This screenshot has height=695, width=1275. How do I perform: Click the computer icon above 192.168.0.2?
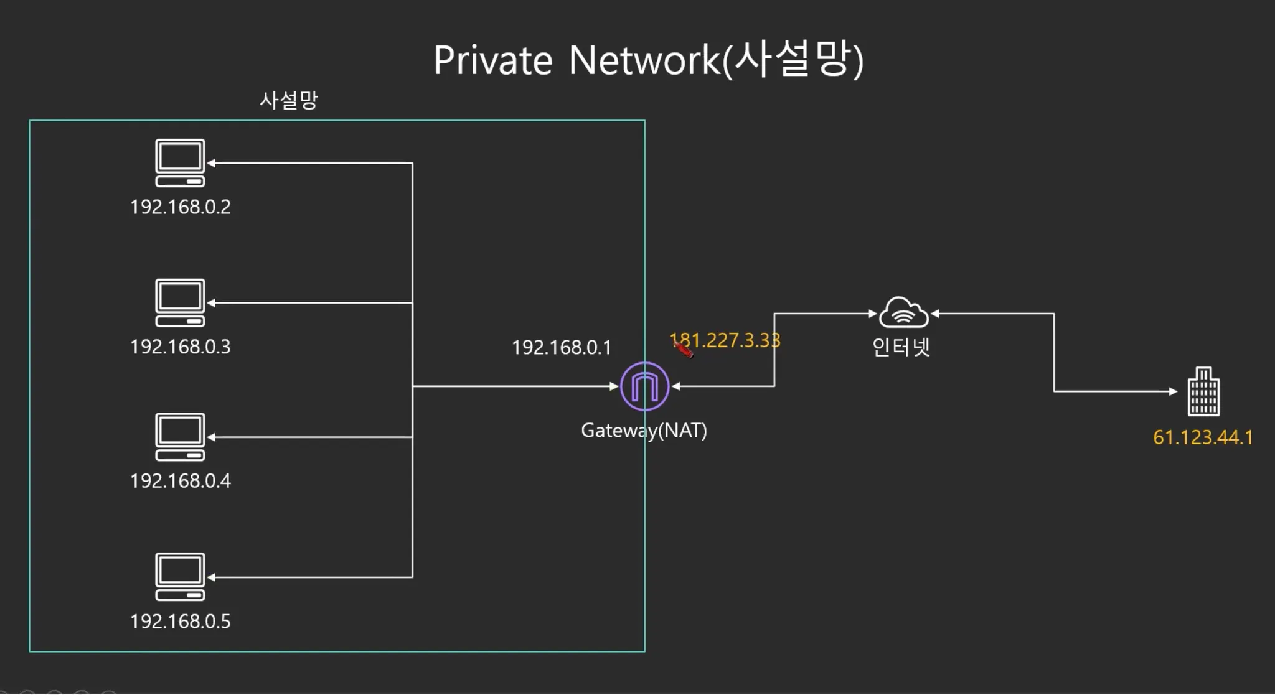point(180,163)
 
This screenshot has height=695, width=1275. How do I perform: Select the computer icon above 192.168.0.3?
point(180,303)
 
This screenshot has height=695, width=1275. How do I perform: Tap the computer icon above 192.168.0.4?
point(180,437)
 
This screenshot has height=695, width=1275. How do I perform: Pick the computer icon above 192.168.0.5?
point(180,577)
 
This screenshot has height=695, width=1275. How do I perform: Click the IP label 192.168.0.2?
point(180,207)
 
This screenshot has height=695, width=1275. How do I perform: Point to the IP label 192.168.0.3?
point(180,347)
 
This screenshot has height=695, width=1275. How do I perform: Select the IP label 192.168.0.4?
point(180,481)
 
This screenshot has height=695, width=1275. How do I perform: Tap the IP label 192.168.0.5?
point(180,621)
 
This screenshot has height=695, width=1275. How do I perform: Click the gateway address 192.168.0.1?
point(561,347)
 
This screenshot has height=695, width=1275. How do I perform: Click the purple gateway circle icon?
point(644,386)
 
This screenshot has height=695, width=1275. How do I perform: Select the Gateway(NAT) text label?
point(644,431)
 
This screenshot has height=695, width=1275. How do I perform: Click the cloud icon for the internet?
point(903,312)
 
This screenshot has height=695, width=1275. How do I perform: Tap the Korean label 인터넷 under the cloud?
point(900,347)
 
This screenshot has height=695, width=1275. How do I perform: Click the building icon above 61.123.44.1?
point(1203,391)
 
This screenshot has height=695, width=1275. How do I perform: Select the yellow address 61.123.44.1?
point(1202,437)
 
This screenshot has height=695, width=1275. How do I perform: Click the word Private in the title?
point(492,61)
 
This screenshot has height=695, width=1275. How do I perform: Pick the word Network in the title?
point(644,61)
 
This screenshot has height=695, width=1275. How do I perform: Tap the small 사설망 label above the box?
point(288,100)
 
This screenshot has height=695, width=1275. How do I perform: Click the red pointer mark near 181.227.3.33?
point(683,350)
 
